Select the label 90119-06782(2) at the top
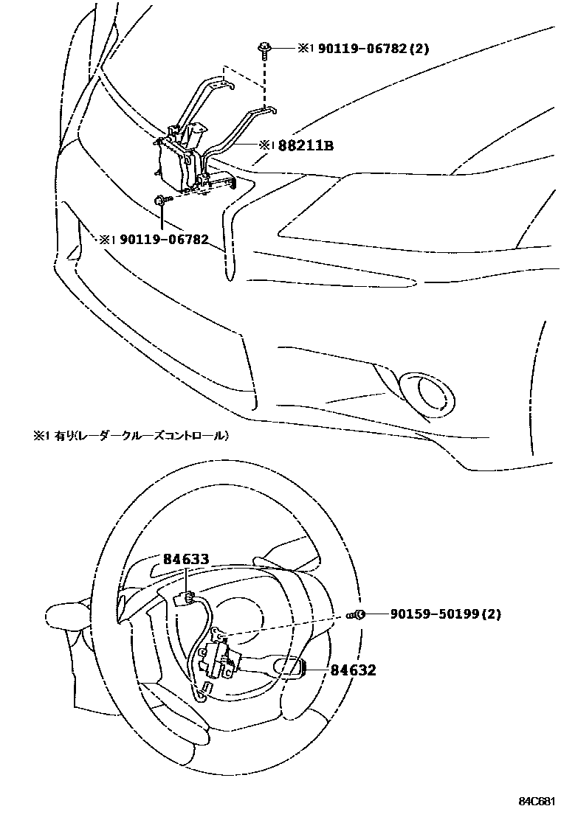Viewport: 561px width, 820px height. (374, 49)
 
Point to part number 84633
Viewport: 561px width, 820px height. (186, 560)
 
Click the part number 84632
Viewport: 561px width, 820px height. (353, 670)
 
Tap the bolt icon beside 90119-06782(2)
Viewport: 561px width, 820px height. (264, 49)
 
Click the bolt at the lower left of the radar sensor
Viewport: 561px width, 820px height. (160, 200)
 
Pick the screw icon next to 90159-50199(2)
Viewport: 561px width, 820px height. (359, 614)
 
